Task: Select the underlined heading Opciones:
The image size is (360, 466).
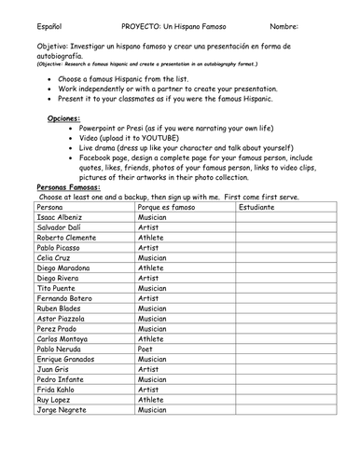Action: pyautogui.click(x=65, y=120)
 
